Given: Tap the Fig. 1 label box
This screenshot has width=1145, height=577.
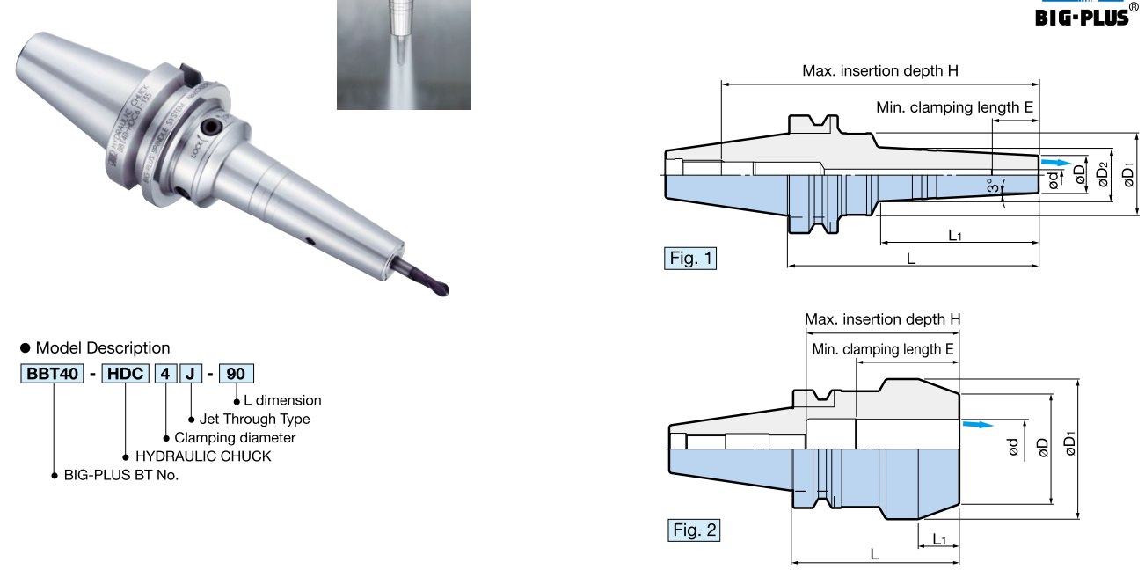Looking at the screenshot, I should point(689,259).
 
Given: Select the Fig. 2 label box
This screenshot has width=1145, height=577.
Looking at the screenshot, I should point(695,530).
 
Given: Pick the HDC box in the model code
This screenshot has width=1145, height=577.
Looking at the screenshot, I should point(125,374).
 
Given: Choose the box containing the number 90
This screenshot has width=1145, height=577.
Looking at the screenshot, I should point(236,374).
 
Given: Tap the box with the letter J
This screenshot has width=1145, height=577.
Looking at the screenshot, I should point(190,374).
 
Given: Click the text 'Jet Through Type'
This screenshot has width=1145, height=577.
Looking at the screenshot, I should point(255,419).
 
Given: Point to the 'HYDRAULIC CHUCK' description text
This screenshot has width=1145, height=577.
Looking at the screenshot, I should point(203,456).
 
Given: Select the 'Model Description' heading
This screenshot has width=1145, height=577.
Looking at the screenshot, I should point(103,348).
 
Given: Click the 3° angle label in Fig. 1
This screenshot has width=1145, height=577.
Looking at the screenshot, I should point(992,186).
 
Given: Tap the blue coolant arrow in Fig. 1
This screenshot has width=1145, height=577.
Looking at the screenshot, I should point(1056,163).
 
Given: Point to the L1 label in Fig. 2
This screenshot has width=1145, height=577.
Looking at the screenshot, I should point(939,538).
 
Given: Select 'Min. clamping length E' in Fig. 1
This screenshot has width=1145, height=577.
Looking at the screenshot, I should point(954,108).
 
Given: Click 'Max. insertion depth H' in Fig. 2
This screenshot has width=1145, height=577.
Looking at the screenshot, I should point(882,319).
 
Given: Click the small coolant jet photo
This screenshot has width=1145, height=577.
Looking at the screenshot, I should point(404,55).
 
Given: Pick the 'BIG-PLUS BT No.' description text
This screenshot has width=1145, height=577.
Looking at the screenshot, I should point(121,475).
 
